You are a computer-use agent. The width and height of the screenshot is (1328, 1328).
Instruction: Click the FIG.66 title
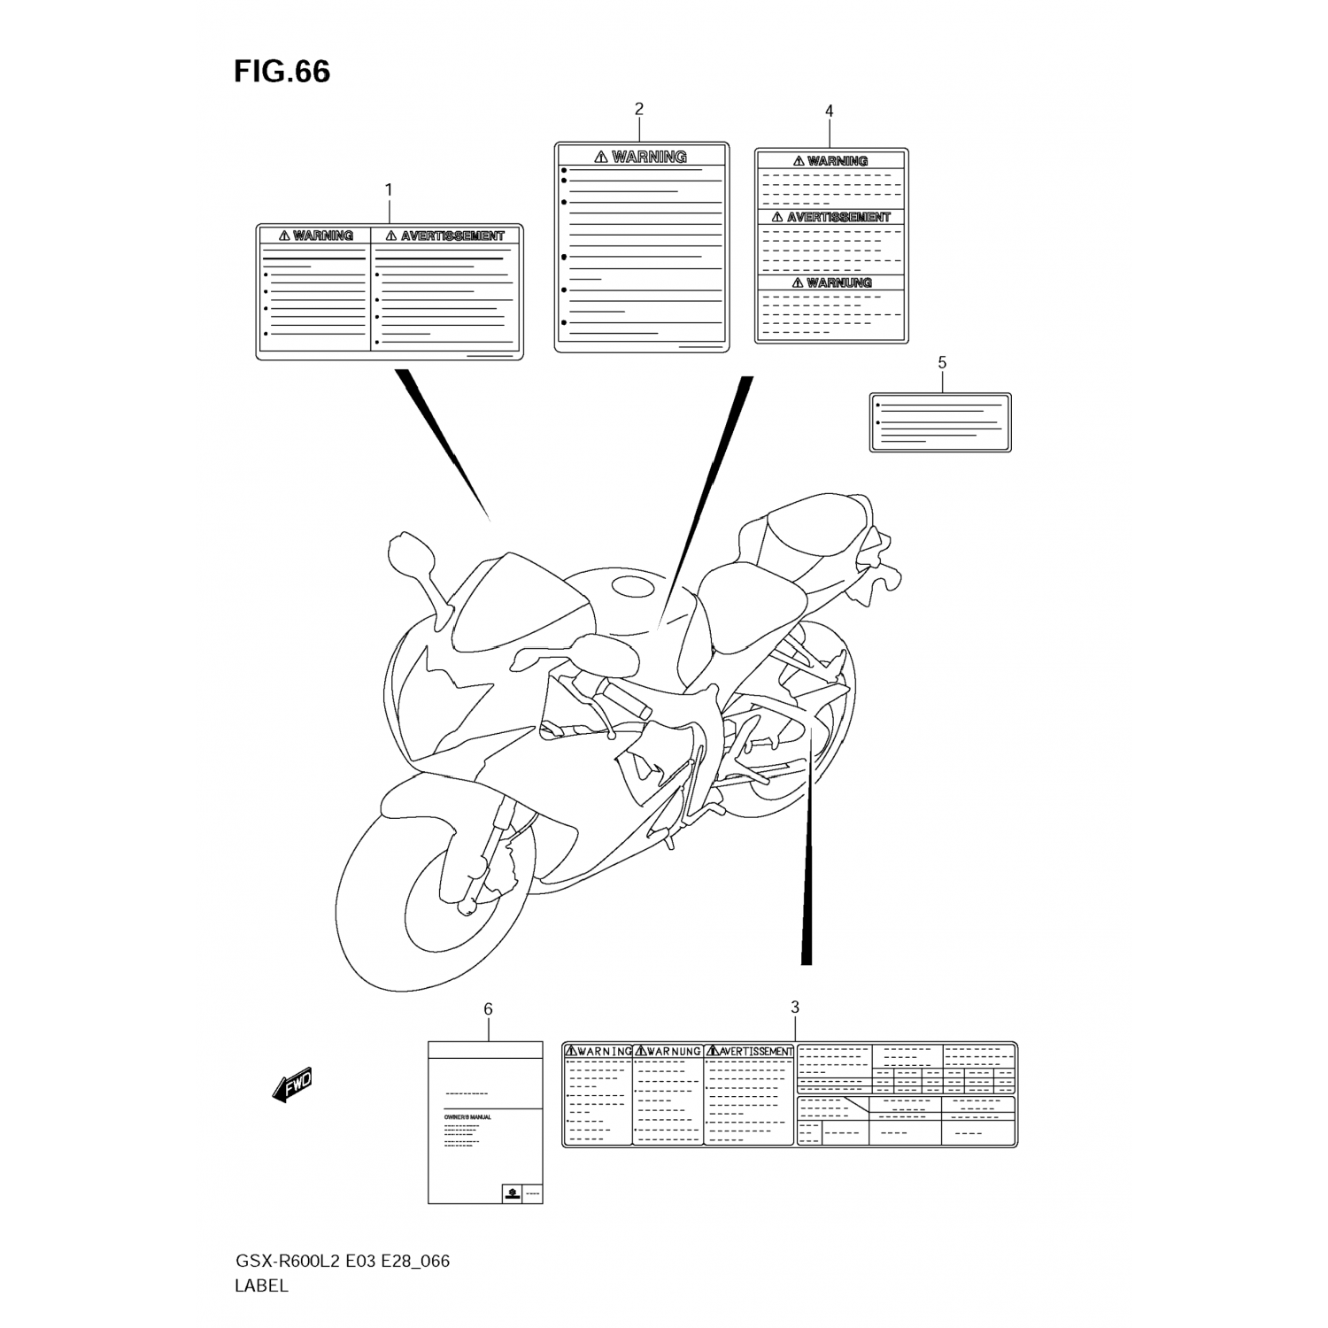coord(282,72)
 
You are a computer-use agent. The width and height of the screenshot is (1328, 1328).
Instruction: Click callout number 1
coord(389,189)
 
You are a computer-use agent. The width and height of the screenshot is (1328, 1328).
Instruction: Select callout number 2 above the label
coord(639,109)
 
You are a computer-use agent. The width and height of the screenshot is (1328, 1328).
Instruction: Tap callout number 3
coord(795,1007)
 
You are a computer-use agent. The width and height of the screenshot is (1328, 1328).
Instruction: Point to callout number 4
coord(830,111)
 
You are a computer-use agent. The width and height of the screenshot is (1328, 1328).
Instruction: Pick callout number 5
coord(942,362)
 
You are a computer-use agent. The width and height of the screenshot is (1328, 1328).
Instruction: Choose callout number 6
coord(488,1009)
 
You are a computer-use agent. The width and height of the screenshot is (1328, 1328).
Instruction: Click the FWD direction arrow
coord(293,1084)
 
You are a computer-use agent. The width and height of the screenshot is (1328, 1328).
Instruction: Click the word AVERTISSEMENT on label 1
coord(452,235)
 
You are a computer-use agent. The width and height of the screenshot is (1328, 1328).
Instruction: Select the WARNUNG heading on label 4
coord(838,282)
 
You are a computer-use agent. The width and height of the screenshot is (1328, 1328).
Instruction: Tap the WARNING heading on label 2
coord(649,157)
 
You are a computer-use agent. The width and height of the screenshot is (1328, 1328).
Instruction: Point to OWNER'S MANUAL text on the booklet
coord(467,1117)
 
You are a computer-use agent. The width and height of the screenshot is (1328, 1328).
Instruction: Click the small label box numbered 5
coord(940,422)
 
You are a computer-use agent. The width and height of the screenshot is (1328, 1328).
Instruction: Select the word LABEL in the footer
coord(261,1286)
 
